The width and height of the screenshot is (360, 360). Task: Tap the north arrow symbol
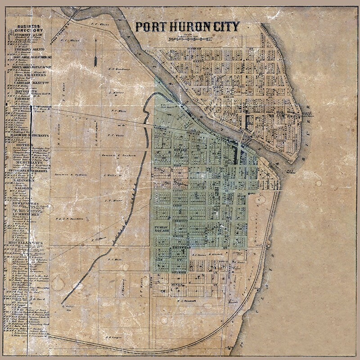96,51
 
